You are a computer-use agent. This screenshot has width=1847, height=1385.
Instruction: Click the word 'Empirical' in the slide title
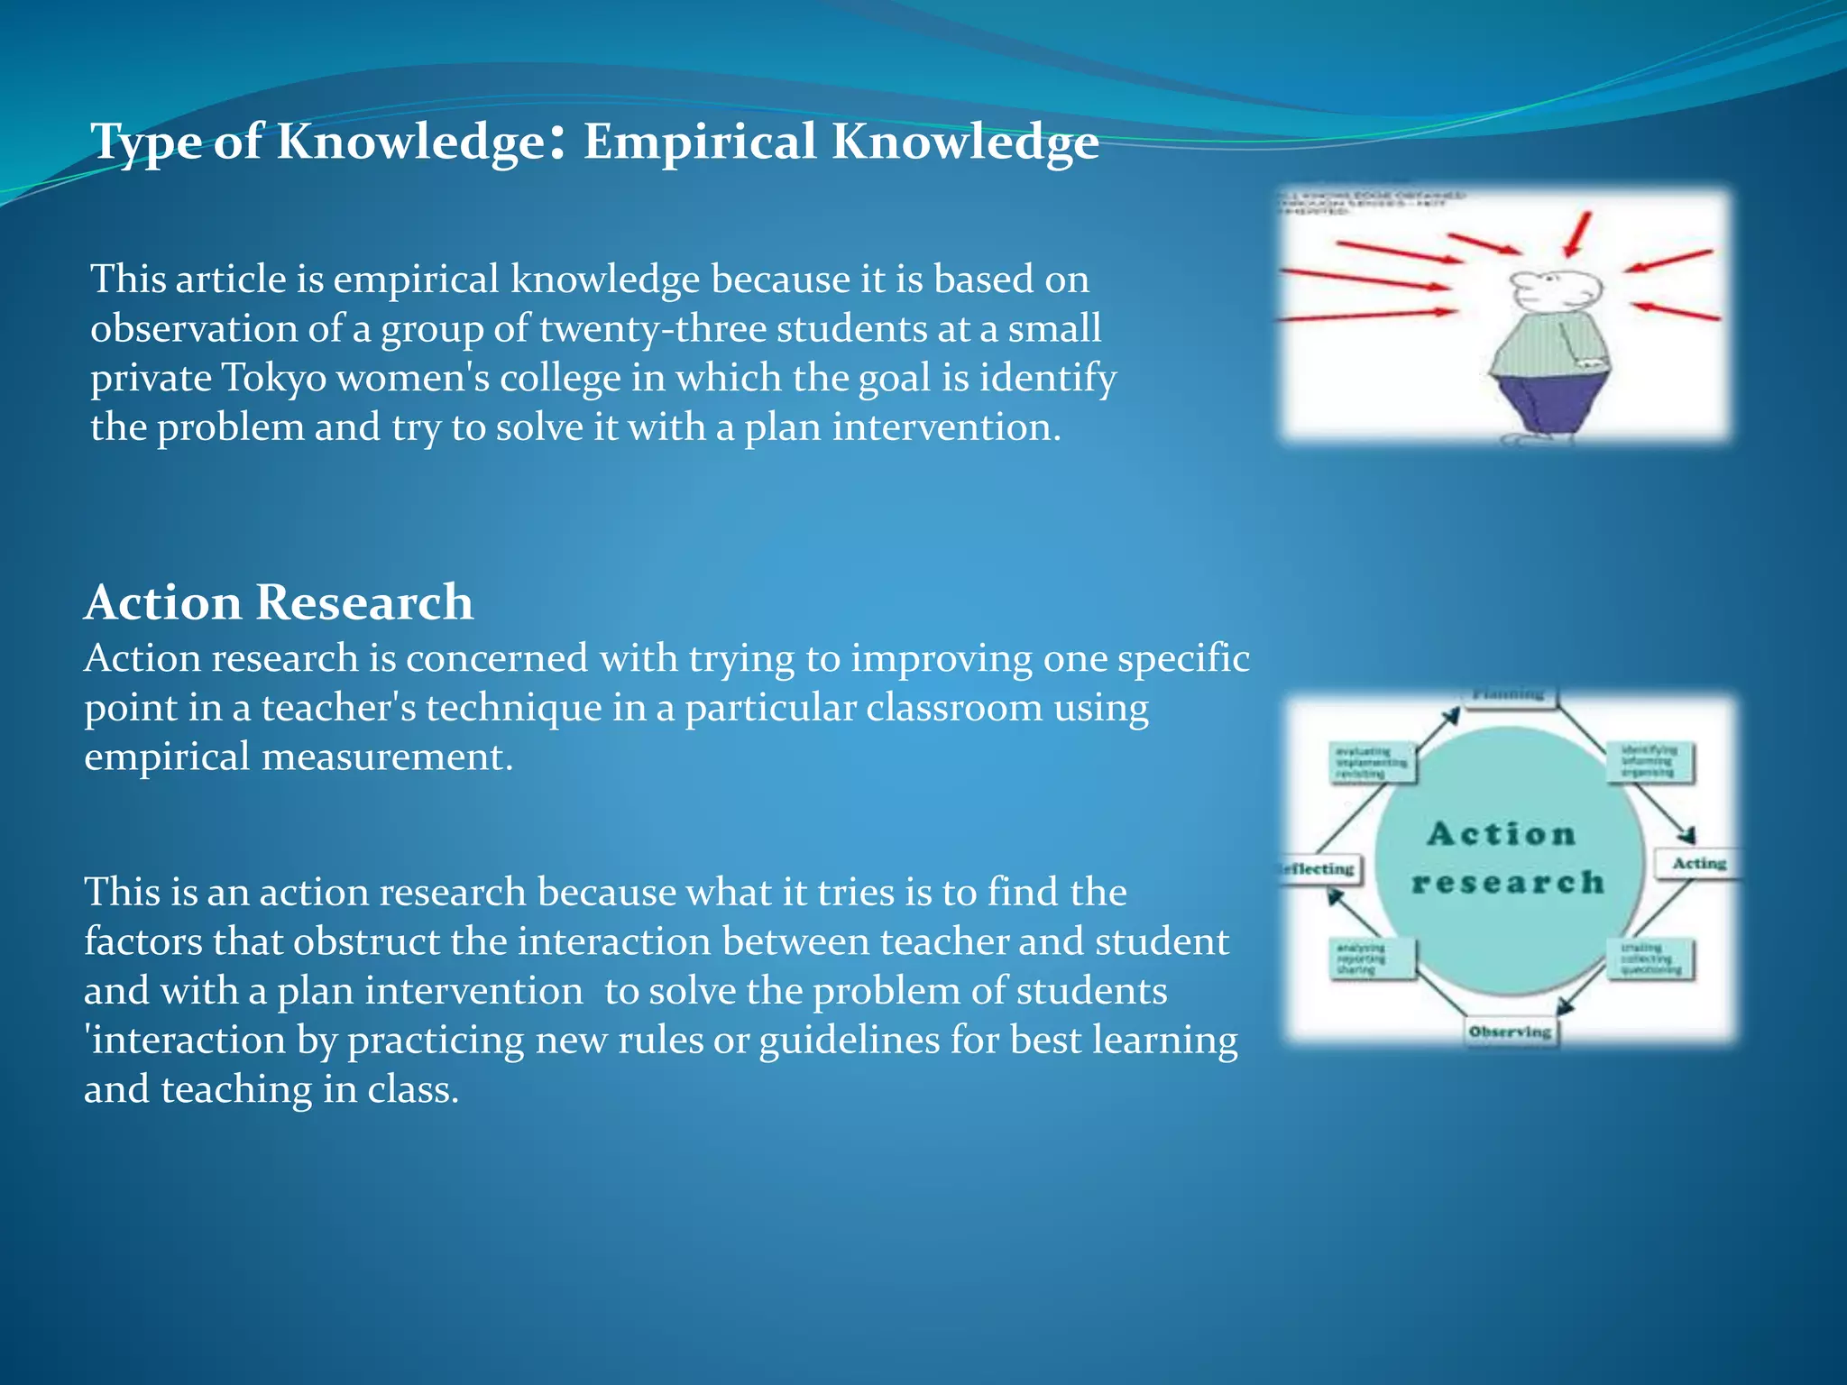coord(699,142)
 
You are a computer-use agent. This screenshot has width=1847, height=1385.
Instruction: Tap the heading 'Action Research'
coord(279,602)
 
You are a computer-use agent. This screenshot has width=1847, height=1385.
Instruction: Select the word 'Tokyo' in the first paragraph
coord(273,378)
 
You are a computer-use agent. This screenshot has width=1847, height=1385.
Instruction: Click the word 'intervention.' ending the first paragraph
coord(946,427)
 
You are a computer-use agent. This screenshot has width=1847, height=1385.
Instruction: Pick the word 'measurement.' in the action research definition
coord(387,757)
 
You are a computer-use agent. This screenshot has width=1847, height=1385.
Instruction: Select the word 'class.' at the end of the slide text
coord(413,1089)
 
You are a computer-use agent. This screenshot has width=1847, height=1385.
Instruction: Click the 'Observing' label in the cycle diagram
coord(1509,1032)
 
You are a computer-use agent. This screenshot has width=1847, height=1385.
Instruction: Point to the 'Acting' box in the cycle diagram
coord(1698,864)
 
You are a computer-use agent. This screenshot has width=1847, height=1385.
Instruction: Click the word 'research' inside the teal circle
coord(1508,882)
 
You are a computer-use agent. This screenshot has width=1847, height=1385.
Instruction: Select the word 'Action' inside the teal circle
coord(1502,834)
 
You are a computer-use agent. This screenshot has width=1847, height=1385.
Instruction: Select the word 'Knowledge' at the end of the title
coord(964,142)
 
